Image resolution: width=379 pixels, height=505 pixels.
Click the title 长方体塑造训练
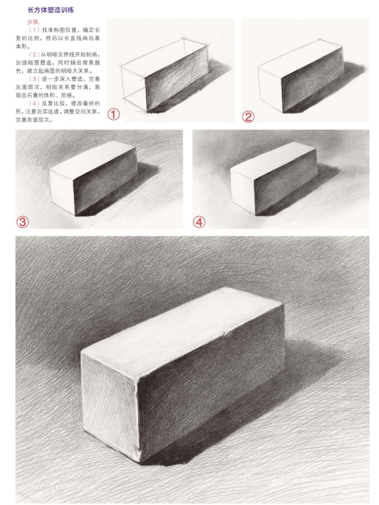[51, 10]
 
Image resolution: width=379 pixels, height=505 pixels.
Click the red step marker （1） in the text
[34, 30]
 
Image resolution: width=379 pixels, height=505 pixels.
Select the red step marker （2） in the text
[34, 54]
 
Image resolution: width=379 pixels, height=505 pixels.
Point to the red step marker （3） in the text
[34, 79]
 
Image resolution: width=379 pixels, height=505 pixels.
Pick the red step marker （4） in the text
[34, 103]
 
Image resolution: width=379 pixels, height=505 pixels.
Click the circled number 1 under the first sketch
[114, 114]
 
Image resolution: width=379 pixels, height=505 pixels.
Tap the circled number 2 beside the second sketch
[248, 116]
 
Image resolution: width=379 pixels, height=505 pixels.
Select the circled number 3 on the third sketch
[22, 222]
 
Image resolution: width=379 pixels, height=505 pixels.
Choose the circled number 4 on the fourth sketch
[199, 222]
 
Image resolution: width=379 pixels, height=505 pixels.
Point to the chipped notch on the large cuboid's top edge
[226, 335]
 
